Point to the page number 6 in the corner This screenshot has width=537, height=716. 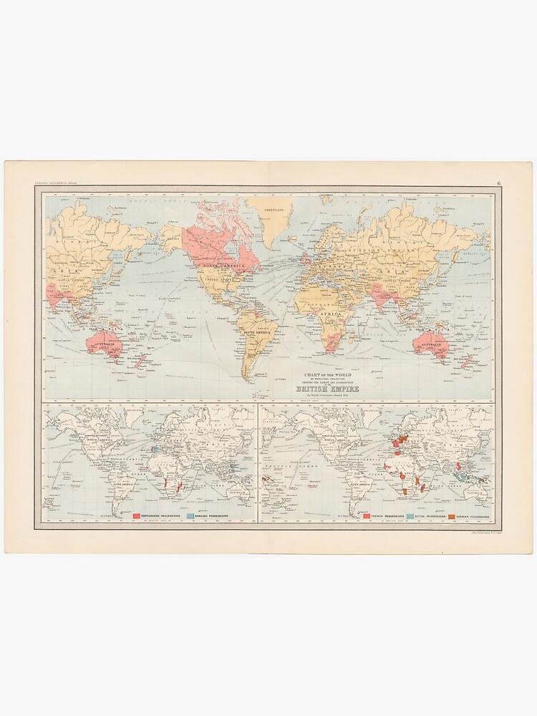498,184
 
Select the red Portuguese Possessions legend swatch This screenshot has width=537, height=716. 136,515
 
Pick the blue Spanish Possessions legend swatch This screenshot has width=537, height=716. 190,515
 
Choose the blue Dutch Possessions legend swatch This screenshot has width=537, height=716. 410,516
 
